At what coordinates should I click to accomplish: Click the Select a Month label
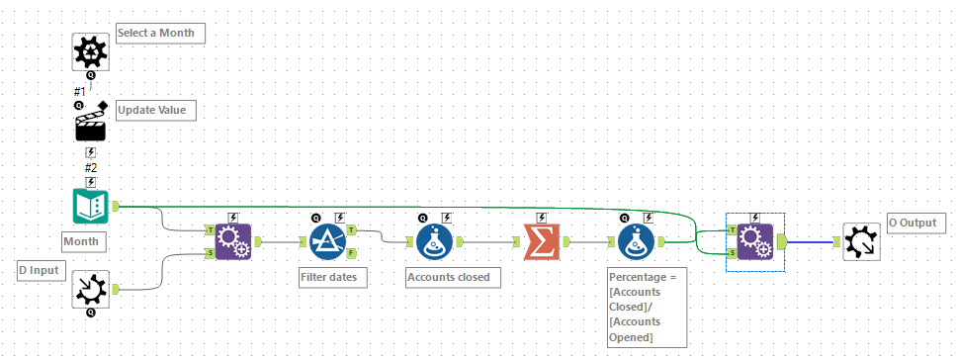[x=160, y=33]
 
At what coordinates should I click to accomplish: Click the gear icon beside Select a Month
[x=91, y=50]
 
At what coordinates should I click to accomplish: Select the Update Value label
[x=155, y=109]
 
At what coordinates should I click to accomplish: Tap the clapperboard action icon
[x=91, y=126]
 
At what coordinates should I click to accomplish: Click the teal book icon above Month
[x=91, y=206]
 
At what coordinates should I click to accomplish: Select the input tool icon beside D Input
[x=91, y=288]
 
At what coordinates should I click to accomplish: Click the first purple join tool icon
[x=232, y=240]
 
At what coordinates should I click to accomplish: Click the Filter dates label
[x=333, y=277]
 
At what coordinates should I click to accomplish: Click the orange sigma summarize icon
[x=540, y=240]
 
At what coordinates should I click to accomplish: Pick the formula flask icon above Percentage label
[x=636, y=240]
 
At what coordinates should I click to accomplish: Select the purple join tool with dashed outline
[x=754, y=241]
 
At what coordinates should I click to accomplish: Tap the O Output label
[x=912, y=224]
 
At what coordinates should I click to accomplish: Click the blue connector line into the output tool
[x=811, y=241]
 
